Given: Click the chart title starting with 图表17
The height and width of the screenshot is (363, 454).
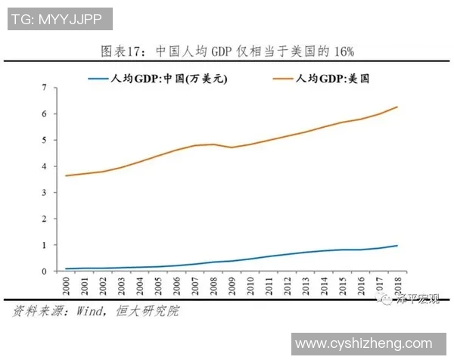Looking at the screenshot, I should (227, 51).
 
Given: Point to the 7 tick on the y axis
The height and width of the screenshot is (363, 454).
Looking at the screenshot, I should (45, 88).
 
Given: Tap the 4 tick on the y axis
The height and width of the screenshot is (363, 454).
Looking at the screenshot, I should (45, 166).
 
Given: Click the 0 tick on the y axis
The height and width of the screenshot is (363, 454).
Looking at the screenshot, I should (45, 271).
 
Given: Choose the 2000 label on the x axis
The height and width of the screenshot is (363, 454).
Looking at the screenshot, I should (68, 287).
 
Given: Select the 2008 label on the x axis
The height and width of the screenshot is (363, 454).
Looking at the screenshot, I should (214, 287).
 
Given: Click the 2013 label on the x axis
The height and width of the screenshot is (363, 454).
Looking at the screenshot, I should (306, 287).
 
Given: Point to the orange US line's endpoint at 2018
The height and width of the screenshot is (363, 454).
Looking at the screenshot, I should (397, 107).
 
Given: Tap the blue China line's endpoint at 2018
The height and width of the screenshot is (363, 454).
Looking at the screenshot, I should (397, 245).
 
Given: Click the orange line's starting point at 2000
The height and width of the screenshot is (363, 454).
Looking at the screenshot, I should (67, 175).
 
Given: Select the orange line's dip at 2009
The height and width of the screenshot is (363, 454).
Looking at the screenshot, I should (232, 147).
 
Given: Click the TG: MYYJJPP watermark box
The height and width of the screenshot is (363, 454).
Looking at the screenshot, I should (61, 19).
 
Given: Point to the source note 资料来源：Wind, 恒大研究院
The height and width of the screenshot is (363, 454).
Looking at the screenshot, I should (95, 311).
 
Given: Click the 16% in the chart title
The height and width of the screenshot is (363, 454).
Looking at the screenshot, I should (342, 51).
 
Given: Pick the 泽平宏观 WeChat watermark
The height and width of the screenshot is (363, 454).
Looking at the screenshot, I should (412, 301).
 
